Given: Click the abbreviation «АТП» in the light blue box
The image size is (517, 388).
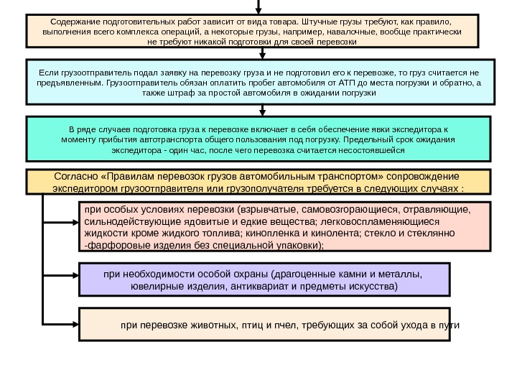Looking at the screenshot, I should pyautogui.click(x=330, y=83).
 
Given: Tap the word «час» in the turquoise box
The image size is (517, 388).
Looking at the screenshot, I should pyautogui.click(x=200, y=152).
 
